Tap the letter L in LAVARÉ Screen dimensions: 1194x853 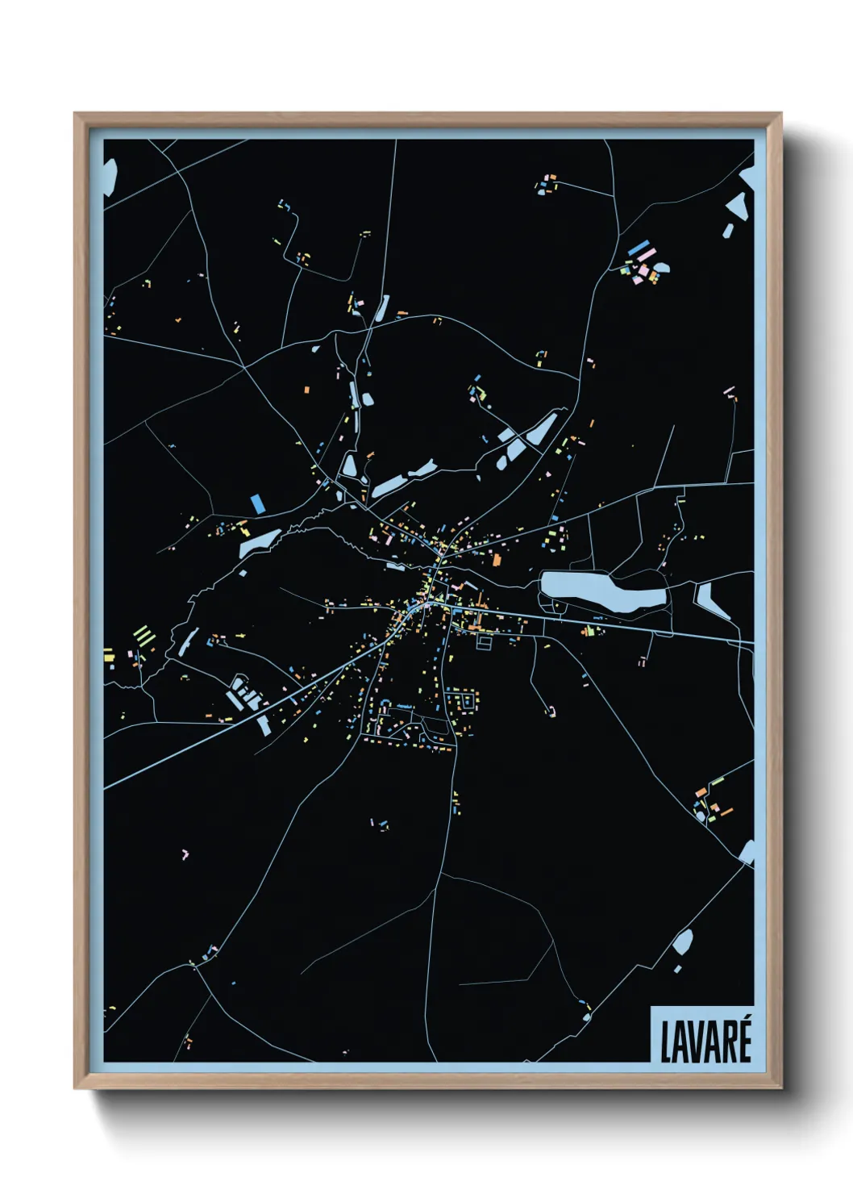667,1042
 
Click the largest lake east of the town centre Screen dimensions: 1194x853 601,592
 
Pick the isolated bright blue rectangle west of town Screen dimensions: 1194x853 258,504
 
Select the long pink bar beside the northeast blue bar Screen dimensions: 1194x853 646,255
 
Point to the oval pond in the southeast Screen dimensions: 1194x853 683,941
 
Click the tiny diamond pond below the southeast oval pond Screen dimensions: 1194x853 677,969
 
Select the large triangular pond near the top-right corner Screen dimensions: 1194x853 737,206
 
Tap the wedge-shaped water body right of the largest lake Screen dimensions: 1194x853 710,599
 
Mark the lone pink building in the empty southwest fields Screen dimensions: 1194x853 185,853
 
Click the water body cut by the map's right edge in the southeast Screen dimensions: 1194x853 747,851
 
